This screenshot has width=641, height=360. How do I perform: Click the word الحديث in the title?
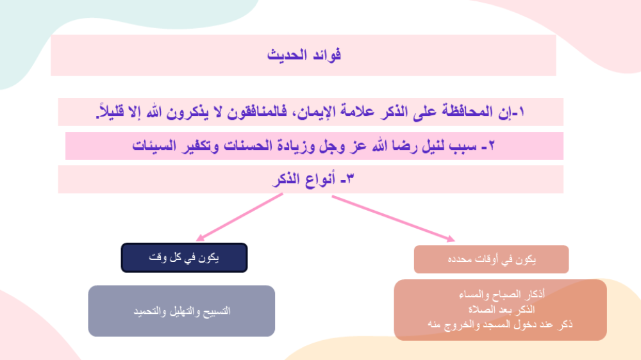point(287,54)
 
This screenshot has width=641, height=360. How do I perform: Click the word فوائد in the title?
point(327,54)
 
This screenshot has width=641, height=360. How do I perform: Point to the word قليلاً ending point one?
point(110,111)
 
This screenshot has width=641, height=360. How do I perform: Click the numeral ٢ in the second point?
point(491,145)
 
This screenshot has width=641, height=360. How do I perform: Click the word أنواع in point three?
point(320,179)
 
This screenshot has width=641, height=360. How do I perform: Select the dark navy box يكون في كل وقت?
point(185,258)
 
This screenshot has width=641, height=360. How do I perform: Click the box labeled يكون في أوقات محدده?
point(492,259)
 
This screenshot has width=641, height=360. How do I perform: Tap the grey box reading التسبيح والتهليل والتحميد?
point(181,311)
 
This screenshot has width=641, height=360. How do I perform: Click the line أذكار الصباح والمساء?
point(502,294)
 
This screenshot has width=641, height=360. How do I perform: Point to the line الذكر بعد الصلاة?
point(501,309)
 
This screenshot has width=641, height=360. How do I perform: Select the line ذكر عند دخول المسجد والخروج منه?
point(501,325)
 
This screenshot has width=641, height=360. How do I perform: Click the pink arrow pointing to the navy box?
point(240,217)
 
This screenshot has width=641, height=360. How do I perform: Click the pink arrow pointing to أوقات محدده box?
point(394,219)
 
